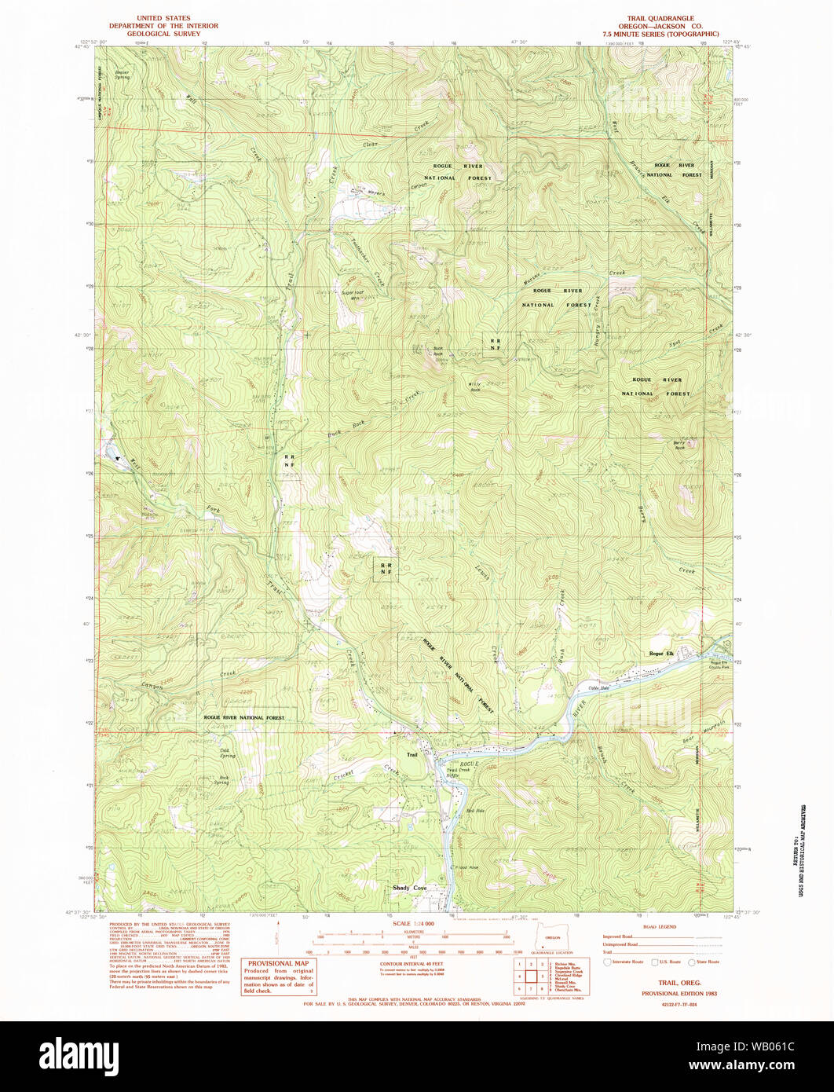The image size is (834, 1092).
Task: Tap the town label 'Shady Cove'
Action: click(409, 888)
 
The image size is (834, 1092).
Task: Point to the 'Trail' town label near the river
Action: click(412, 755)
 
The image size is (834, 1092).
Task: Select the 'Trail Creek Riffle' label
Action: click(458, 771)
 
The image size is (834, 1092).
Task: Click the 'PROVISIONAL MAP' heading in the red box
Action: click(279, 964)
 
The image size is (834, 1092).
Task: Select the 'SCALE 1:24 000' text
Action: click(412, 922)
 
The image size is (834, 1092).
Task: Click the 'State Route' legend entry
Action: click(708, 962)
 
